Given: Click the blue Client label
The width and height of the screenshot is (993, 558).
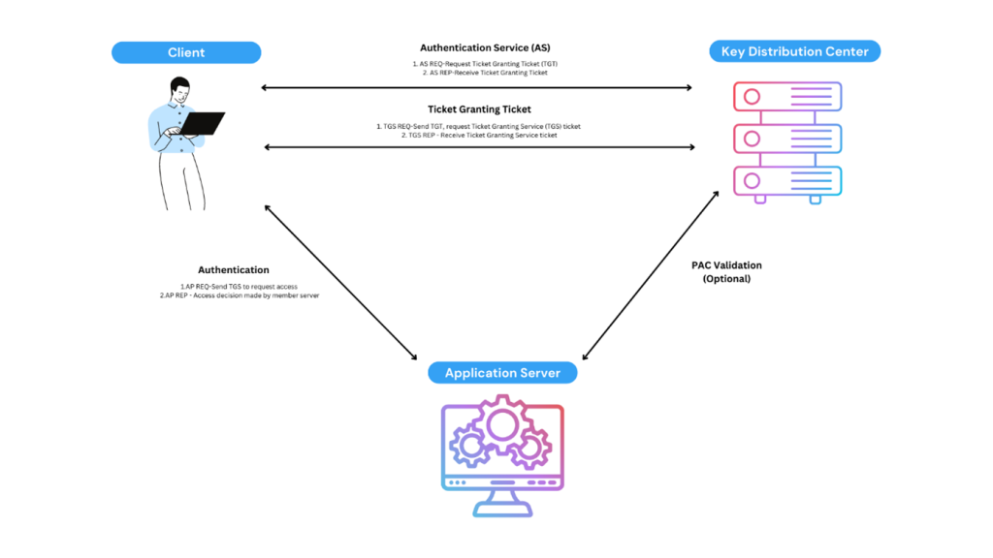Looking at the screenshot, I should [185, 52].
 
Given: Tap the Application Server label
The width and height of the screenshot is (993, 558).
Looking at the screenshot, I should [502, 373].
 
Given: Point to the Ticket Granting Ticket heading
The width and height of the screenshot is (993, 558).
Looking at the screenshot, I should [479, 109].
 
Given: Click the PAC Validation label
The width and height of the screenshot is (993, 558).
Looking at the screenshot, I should [726, 264].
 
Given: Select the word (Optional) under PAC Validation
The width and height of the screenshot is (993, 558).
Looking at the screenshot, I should [726, 279].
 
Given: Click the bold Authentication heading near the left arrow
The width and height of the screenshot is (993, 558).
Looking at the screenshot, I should [234, 269].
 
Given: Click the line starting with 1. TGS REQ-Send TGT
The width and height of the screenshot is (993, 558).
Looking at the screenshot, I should [479, 126].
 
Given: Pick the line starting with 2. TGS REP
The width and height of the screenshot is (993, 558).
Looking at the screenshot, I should [479, 136].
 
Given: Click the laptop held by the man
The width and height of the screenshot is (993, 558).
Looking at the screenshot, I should [202, 124].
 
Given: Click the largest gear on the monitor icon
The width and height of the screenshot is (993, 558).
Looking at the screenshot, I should [502, 423].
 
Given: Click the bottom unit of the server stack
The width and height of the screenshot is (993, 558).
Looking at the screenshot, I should [786, 181].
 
